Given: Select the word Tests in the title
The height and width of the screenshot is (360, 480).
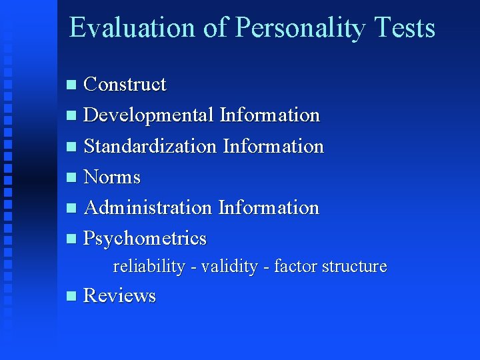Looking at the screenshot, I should (x=405, y=28).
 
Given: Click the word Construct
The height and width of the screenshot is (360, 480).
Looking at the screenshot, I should (x=125, y=85).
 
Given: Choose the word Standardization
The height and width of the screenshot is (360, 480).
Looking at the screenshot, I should (x=150, y=146).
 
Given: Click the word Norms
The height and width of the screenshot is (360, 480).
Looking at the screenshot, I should (x=112, y=177).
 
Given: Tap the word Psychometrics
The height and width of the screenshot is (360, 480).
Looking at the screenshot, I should (x=145, y=239).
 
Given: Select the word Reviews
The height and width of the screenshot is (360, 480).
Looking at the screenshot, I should (x=119, y=296).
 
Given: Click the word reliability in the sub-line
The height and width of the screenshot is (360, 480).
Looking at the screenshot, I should (x=149, y=267).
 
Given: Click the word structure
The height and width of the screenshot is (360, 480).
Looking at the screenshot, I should (x=354, y=267).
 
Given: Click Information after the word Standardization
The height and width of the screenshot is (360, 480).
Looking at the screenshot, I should (x=273, y=146).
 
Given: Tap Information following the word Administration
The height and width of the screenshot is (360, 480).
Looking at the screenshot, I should (x=269, y=208).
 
